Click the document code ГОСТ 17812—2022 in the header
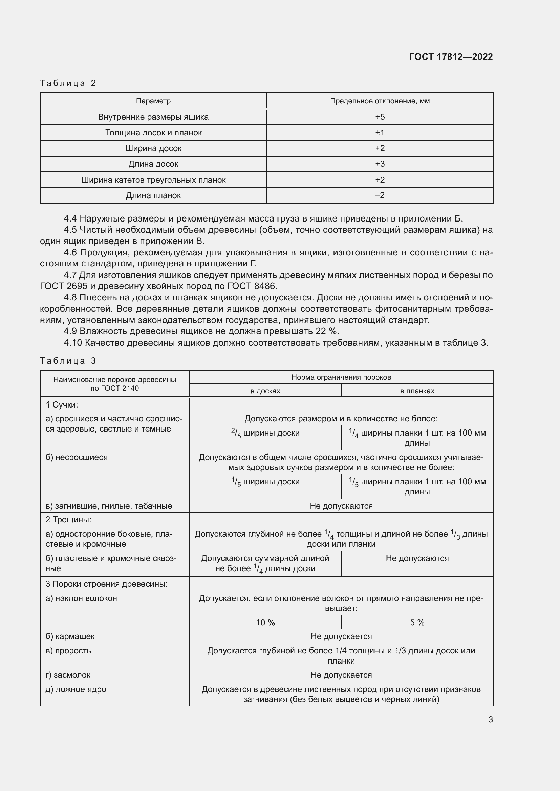(x=451, y=57)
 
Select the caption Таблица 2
(x=68, y=83)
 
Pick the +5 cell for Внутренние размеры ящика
(x=380, y=117)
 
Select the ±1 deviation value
(x=380, y=133)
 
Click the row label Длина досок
(x=153, y=164)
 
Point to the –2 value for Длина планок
(x=380, y=195)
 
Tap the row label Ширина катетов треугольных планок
(x=153, y=180)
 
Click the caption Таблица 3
(x=68, y=361)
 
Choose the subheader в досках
(x=265, y=391)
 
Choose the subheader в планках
(x=417, y=391)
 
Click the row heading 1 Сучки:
(x=62, y=404)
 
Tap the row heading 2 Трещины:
(x=68, y=519)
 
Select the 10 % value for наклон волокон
(x=265, y=623)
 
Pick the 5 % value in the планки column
(x=417, y=623)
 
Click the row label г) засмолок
(x=68, y=675)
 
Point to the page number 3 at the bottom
(x=490, y=719)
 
